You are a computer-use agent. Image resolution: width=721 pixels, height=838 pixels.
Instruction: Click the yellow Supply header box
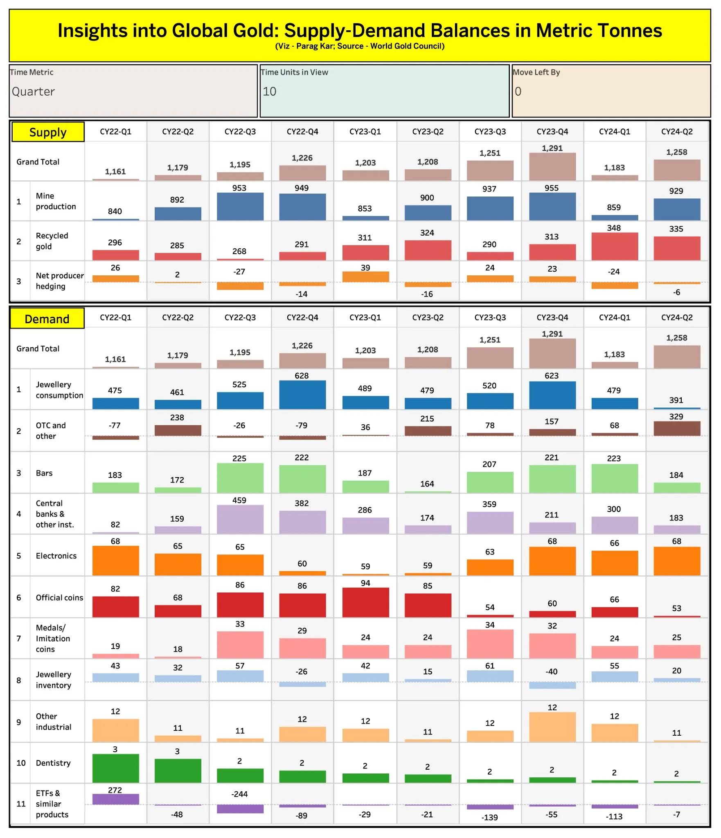tap(48, 132)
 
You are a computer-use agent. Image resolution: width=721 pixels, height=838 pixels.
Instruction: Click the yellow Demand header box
tap(47, 319)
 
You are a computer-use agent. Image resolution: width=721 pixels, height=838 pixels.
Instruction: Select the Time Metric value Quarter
tap(33, 91)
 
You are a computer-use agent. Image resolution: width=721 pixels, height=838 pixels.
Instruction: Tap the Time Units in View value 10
tap(269, 91)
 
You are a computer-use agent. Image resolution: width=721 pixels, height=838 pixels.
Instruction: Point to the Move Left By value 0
tap(518, 91)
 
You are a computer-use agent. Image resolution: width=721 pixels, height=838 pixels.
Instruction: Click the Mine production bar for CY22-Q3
tap(240, 207)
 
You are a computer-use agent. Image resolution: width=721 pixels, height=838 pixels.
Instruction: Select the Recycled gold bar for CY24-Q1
tap(615, 246)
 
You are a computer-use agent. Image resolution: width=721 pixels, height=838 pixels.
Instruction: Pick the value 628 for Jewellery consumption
tap(302, 376)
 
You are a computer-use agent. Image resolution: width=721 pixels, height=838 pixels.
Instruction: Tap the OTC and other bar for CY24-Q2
tap(677, 428)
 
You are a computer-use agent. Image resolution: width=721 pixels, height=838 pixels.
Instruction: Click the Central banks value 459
tap(239, 500)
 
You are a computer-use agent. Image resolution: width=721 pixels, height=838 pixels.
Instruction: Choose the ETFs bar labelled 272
tap(115, 799)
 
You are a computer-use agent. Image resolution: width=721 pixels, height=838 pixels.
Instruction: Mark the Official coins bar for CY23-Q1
tap(365, 602)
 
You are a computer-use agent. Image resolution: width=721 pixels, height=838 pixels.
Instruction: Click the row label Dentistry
tap(53, 763)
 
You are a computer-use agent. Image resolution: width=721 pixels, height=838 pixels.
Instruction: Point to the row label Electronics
tap(56, 556)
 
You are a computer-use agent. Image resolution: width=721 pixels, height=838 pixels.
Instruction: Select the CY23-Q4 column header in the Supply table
tap(552, 132)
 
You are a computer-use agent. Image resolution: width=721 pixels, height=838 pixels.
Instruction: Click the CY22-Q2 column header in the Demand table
tap(178, 318)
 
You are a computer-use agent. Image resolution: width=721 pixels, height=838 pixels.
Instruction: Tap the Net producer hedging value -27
tap(239, 271)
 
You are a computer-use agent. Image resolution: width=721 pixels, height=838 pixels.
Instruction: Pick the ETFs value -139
tap(489, 817)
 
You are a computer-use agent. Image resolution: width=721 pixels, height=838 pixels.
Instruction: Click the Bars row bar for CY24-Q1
tap(615, 478)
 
